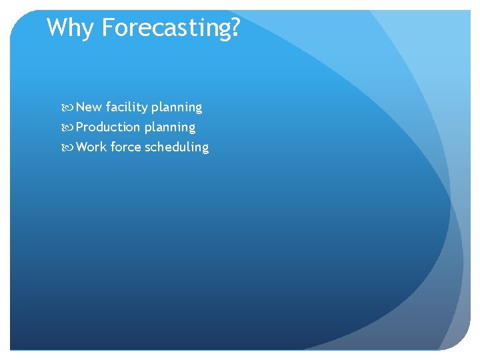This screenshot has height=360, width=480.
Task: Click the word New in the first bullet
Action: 89,107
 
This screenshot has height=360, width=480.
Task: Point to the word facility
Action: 126,107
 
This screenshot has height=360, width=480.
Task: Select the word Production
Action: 108,127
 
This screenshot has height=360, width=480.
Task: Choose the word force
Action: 126,147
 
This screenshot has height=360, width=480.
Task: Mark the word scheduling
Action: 177,147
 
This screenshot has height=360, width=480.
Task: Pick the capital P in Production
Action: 80,127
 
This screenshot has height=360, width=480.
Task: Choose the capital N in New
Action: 81,107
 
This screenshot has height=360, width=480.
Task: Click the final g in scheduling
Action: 205,149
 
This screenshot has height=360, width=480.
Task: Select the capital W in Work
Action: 82,147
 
